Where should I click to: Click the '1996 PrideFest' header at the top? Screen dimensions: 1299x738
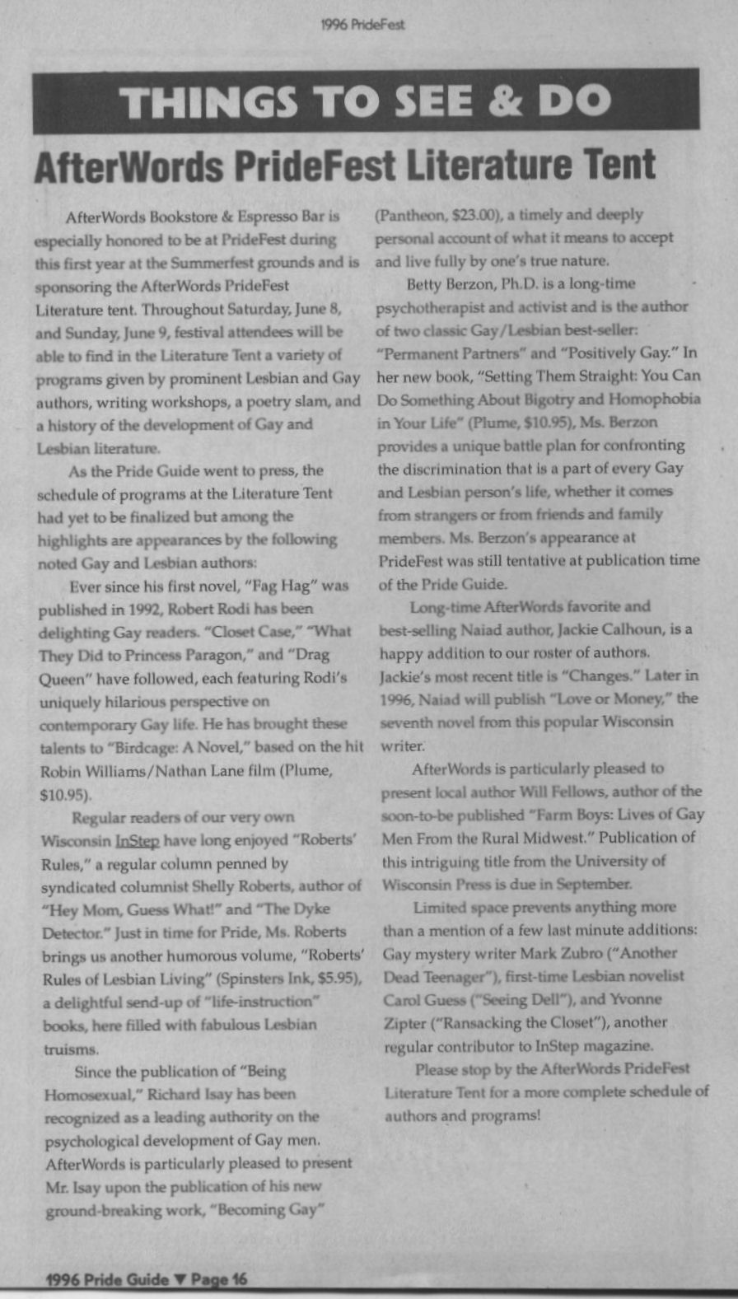pyautogui.click(x=362, y=25)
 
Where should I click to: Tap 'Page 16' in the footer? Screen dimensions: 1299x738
pyautogui.click(x=218, y=1279)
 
